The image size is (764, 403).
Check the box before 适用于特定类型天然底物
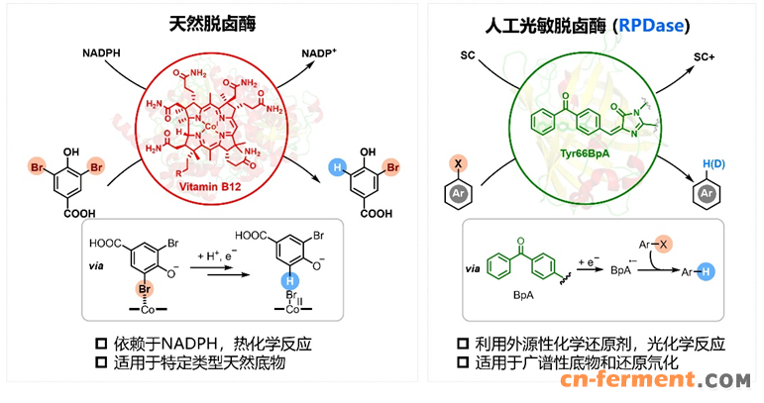coord(101,363)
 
